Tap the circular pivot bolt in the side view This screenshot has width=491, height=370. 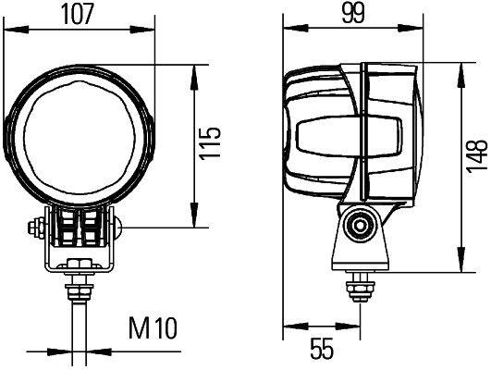pyautogui.click(x=358, y=225)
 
